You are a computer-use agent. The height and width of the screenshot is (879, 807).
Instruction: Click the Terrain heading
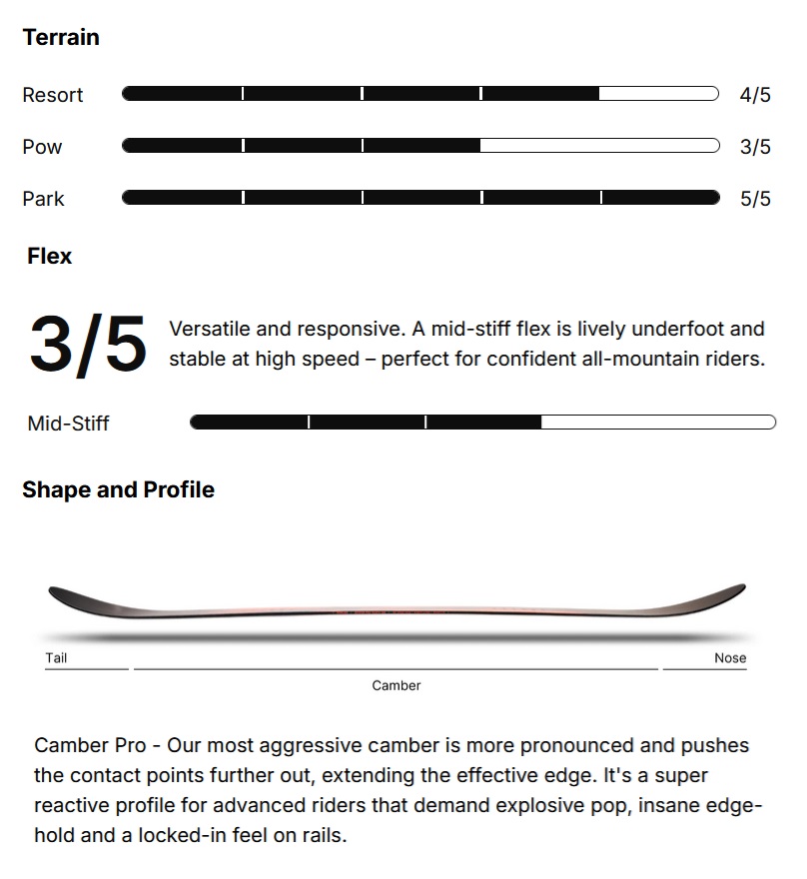(x=61, y=38)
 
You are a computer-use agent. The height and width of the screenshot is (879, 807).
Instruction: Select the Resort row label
(x=53, y=95)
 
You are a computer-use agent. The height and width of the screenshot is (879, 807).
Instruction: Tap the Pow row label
(x=42, y=147)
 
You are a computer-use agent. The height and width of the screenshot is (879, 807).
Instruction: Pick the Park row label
(x=43, y=199)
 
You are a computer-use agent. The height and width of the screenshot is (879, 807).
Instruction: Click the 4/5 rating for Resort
(x=755, y=95)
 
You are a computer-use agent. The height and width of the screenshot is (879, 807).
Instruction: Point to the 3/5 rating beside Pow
(x=755, y=147)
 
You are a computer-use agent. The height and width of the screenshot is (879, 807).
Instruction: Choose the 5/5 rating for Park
(x=755, y=199)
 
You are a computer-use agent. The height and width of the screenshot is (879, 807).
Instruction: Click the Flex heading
(x=50, y=257)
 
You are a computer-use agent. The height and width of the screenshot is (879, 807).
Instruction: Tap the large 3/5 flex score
(x=87, y=344)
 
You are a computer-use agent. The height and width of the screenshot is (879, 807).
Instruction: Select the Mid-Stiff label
(x=68, y=424)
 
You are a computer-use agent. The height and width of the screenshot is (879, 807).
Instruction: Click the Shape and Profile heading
(x=118, y=489)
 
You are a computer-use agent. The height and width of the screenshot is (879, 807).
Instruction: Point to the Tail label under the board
(x=56, y=658)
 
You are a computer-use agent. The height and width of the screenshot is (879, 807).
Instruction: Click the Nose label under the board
(x=730, y=658)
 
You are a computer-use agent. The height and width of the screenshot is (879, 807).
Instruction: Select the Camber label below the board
(x=397, y=685)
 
